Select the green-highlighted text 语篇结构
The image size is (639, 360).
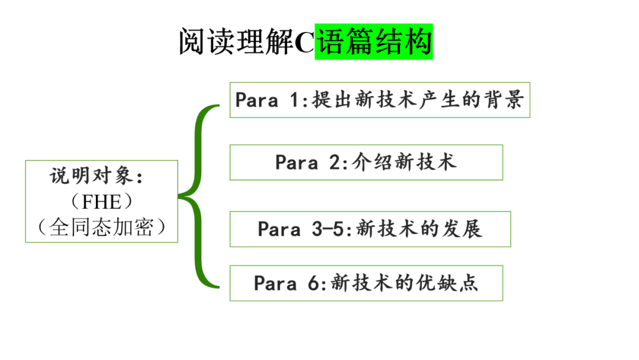[x=373, y=42]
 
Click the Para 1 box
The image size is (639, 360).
[x=379, y=99]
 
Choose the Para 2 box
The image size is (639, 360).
[x=366, y=162]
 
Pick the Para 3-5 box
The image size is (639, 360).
[x=370, y=229]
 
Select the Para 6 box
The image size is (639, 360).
[x=366, y=283]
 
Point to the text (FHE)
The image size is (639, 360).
[x=101, y=202]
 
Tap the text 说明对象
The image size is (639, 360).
[x=95, y=176]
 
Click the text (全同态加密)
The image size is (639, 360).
[x=101, y=227]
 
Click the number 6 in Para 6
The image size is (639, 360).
[x=313, y=283]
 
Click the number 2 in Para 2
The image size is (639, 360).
[x=334, y=162]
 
